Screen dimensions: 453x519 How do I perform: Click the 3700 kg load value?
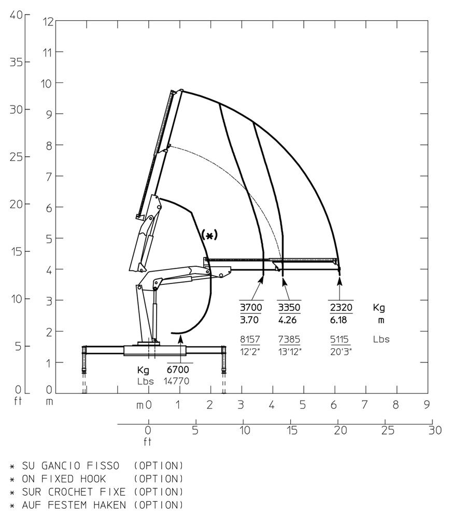pyautogui.click(x=251, y=307)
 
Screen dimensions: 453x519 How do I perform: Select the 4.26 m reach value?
pyautogui.click(x=287, y=320)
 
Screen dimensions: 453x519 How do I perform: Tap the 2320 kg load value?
pyautogui.click(x=341, y=307)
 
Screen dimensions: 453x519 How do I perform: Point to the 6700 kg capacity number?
pyautogui.click(x=178, y=370)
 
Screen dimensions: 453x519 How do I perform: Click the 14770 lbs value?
pyautogui.click(x=177, y=381)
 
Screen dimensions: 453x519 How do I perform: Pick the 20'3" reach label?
pyautogui.click(x=341, y=351)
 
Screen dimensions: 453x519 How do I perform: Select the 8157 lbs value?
pyautogui.click(x=250, y=339)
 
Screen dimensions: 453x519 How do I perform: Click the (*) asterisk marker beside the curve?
pyautogui.click(x=209, y=235)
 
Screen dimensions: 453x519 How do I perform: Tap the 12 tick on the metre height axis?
pyautogui.click(x=48, y=21)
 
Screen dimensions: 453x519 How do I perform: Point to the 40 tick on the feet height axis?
pyautogui.click(x=16, y=15)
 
